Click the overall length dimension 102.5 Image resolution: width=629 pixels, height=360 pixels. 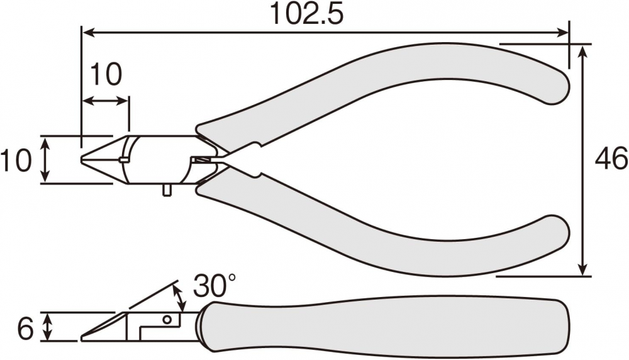[308, 14]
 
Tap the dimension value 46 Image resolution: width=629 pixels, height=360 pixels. [611, 158]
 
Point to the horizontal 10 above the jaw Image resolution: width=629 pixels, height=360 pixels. [105, 75]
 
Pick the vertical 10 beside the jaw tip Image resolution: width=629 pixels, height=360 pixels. [16, 159]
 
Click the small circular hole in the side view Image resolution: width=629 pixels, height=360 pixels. [167, 320]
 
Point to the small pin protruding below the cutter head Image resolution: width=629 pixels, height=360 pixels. [167, 190]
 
